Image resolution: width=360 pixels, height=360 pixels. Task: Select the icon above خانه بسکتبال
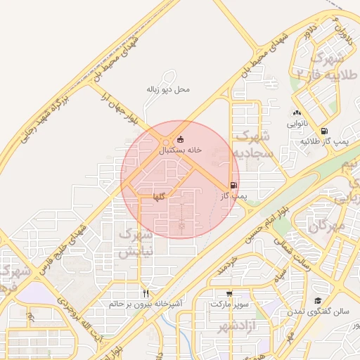point(181,139)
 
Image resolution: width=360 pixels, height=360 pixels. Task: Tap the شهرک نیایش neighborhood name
point(136,242)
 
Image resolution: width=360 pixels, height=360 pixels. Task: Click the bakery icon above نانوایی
point(297,112)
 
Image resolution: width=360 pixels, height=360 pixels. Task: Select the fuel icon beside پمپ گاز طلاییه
point(323,131)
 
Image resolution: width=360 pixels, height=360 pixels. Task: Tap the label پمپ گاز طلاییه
point(326,142)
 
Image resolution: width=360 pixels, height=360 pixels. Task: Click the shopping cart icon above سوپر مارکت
point(229,294)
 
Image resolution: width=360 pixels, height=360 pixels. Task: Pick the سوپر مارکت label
point(229,305)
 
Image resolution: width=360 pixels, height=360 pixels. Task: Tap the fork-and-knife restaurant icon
point(146,293)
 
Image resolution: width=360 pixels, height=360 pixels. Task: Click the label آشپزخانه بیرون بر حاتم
point(146,304)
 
